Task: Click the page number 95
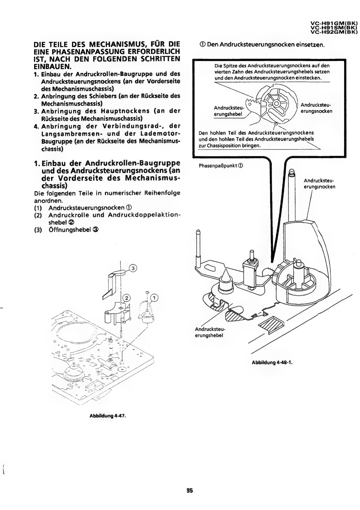click(190, 491)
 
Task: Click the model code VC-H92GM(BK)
click(334, 32)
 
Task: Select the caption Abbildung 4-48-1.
click(272, 362)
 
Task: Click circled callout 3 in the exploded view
click(133, 268)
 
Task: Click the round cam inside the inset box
click(277, 103)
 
